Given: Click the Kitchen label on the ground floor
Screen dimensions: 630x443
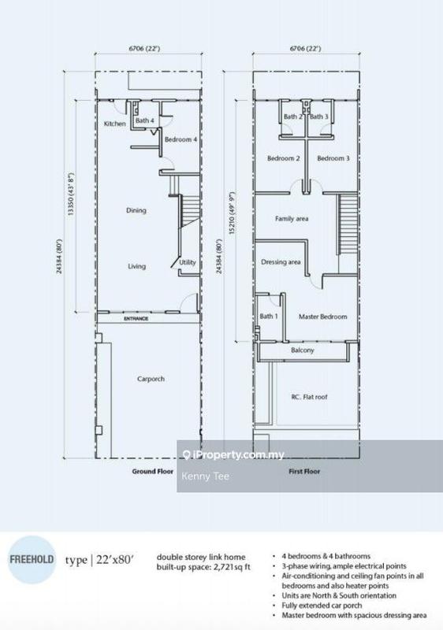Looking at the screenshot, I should tap(115, 124).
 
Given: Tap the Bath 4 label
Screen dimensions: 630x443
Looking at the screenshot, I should tap(144, 120).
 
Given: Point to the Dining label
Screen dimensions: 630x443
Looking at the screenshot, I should tap(137, 210).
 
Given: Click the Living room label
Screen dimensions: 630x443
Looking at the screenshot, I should tap(137, 266).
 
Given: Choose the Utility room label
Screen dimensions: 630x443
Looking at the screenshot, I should tap(187, 262).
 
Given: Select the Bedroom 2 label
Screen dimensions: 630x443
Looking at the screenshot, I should tap(283, 158).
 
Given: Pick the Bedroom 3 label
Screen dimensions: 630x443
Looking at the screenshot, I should tap(333, 158).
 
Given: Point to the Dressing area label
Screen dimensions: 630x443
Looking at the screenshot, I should tap(281, 261).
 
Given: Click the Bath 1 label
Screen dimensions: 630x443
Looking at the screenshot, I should tap(269, 317).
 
